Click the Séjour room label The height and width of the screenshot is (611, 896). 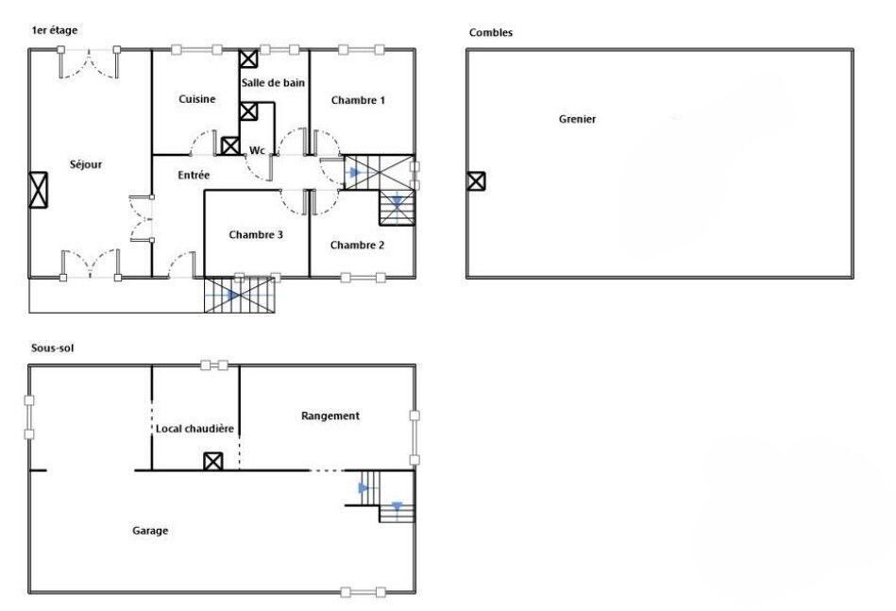(x=86, y=164)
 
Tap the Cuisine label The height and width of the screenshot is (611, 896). (x=197, y=99)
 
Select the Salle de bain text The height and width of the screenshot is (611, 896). (x=273, y=83)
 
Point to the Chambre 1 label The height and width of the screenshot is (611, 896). (x=358, y=101)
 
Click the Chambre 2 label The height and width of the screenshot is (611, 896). (x=357, y=246)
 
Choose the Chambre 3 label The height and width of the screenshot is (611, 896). (x=256, y=235)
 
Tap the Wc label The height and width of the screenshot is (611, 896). (x=257, y=150)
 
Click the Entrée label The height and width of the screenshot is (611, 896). (x=194, y=176)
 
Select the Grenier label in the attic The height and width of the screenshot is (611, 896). (x=577, y=119)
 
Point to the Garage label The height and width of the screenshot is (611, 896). (x=150, y=531)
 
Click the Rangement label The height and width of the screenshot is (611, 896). (x=330, y=416)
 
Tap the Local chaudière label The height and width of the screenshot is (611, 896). (x=194, y=429)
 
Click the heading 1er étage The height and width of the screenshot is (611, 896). (x=54, y=30)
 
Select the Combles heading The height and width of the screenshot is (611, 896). (x=491, y=32)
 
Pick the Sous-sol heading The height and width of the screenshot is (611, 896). (x=53, y=348)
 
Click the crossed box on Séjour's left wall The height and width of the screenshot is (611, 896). (x=39, y=190)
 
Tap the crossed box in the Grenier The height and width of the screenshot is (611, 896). (x=476, y=181)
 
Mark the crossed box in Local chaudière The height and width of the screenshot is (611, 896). (x=213, y=461)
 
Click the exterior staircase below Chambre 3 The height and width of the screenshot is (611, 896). (x=240, y=295)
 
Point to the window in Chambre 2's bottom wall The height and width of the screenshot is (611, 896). (x=363, y=278)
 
